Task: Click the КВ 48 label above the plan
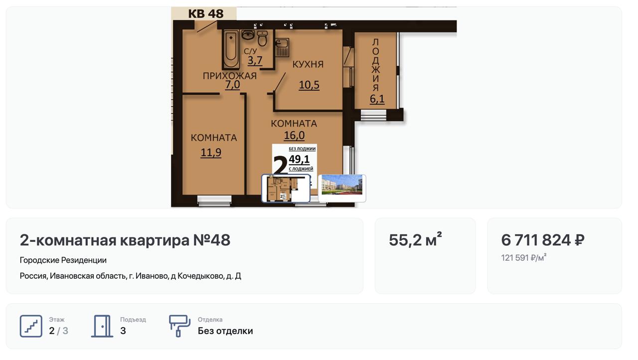206,13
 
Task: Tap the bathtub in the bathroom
231,49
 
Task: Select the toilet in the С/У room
262,39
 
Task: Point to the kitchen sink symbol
282,47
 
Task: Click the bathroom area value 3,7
255,60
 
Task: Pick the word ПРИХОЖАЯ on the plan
230,76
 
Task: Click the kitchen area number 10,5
309,85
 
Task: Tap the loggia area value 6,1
377,99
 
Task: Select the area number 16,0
294,135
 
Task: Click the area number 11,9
211,153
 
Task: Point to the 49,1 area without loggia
299,159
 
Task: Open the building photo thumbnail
342,188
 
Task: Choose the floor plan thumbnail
286,188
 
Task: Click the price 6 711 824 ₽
543,240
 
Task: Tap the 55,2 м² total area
415,239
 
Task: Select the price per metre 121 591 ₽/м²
524,257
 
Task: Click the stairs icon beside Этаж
31,326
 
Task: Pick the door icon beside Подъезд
102,326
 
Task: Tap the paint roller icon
179,326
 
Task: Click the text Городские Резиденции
63,260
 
